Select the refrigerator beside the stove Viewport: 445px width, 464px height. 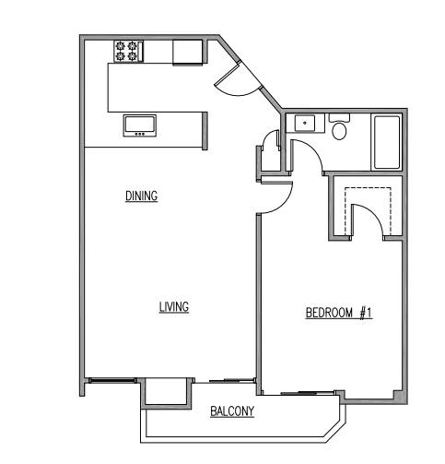188,52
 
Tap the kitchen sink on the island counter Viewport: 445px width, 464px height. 140,125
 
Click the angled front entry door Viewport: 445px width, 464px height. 231,81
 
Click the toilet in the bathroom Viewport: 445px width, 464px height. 339,129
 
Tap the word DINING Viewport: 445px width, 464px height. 141,196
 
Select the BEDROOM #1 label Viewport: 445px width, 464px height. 338,314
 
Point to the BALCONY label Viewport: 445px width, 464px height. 231,411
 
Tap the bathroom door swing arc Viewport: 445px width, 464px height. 307,158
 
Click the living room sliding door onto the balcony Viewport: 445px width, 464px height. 229,379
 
